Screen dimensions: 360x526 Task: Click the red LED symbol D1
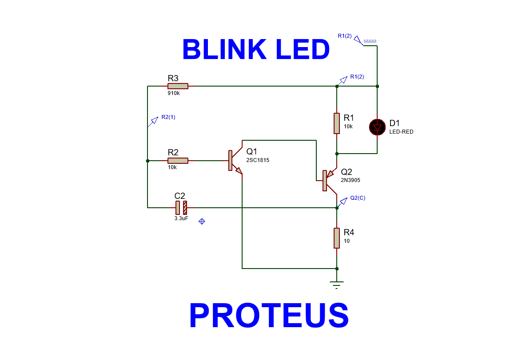pos(377,127)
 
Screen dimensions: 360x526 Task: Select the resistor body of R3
pos(178,86)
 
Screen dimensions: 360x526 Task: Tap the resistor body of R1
pos(337,123)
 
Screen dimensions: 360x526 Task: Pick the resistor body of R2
pos(178,161)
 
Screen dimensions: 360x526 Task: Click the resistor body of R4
pos(337,238)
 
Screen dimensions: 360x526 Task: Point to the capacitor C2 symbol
pos(181,207)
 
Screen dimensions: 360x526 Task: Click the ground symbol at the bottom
pos(337,284)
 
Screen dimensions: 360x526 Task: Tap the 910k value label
pos(174,94)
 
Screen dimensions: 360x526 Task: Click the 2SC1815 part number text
pos(258,160)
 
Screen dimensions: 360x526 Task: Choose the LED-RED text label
pos(401,132)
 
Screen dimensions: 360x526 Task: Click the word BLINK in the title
pos(224,50)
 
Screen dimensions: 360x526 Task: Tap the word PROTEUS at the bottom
pos(269,316)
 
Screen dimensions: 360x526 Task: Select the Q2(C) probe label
pos(358,198)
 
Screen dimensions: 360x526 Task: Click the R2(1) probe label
pos(168,117)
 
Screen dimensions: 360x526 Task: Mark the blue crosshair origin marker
pos(202,221)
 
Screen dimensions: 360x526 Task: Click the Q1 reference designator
pos(252,151)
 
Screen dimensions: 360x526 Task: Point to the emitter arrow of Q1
pos(239,171)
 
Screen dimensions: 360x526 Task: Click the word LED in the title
pos(303,50)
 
